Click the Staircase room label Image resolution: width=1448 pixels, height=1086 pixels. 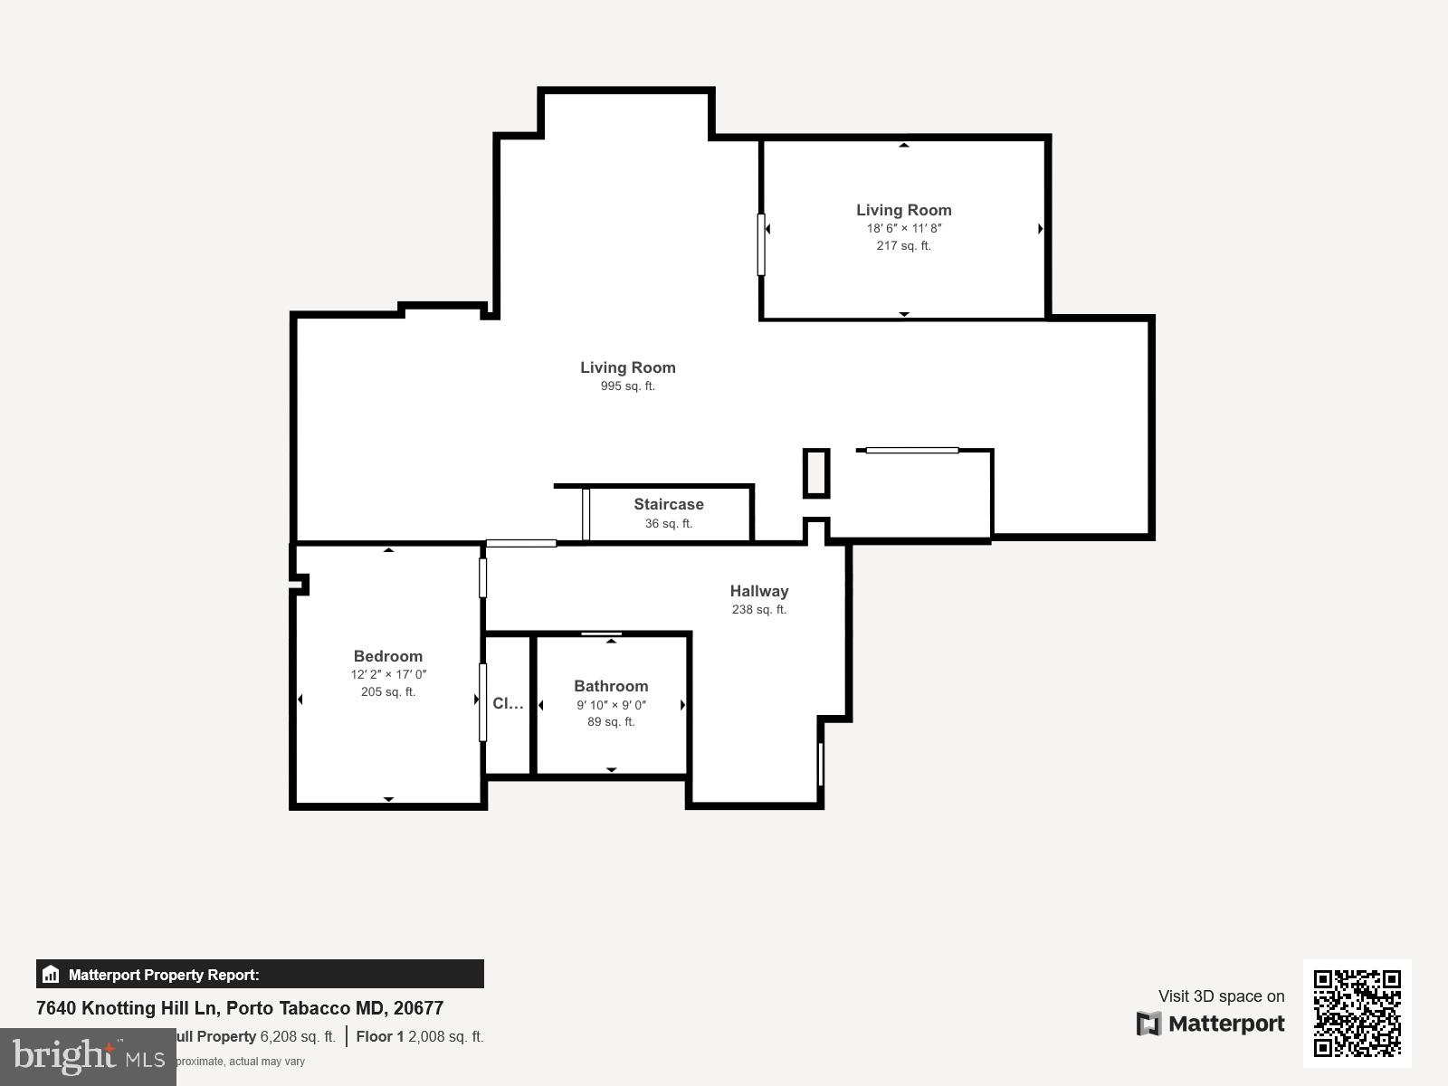(x=668, y=504)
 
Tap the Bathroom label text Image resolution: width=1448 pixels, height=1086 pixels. (x=611, y=686)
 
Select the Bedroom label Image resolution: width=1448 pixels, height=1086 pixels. (x=387, y=656)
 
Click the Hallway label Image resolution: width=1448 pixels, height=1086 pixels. (x=759, y=591)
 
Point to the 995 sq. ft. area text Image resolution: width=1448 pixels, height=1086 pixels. (x=627, y=386)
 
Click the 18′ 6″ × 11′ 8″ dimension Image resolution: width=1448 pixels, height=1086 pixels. (x=903, y=228)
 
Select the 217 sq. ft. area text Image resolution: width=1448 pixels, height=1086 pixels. (x=903, y=246)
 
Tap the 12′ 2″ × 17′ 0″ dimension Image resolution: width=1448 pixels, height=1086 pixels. (x=388, y=674)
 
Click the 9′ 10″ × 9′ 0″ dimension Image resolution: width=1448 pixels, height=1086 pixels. (x=611, y=705)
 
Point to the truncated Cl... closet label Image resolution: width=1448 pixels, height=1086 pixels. (x=507, y=703)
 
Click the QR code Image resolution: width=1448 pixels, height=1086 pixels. (x=1357, y=1013)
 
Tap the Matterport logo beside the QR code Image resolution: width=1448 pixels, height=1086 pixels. (x=1211, y=1024)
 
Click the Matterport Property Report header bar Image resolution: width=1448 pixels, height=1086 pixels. (x=260, y=975)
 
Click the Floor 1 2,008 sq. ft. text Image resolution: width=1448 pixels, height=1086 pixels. (x=420, y=1037)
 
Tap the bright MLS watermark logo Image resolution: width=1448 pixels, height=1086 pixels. (x=88, y=1056)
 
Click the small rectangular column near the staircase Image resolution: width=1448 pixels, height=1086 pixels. (x=816, y=472)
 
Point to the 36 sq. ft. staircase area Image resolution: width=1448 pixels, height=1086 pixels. (x=668, y=524)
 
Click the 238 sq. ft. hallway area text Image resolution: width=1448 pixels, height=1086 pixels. (x=759, y=610)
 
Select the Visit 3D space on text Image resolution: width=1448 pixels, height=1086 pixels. (x=1221, y=996)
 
